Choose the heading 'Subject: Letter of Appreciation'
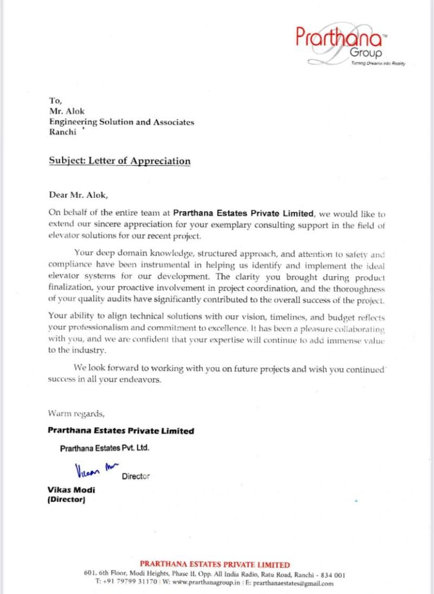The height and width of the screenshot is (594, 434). point(120,161)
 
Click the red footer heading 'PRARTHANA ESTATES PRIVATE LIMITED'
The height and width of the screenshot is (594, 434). point(214,564)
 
